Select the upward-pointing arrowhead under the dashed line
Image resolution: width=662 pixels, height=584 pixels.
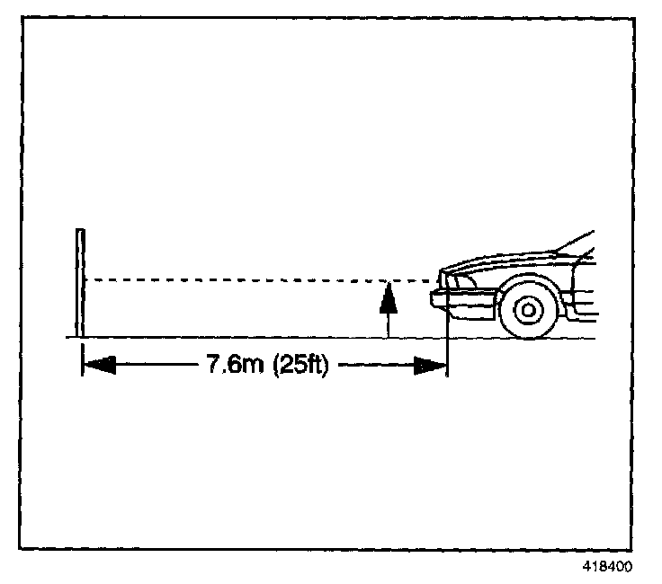[388, 296]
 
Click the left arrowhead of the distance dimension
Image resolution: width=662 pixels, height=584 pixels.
[99, 366]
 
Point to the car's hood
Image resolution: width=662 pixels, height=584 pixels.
[504, 261]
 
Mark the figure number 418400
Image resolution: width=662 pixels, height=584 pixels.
[608, 567]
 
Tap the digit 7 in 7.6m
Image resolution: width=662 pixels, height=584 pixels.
[213, 366]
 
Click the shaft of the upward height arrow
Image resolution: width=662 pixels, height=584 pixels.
[388, 323]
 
